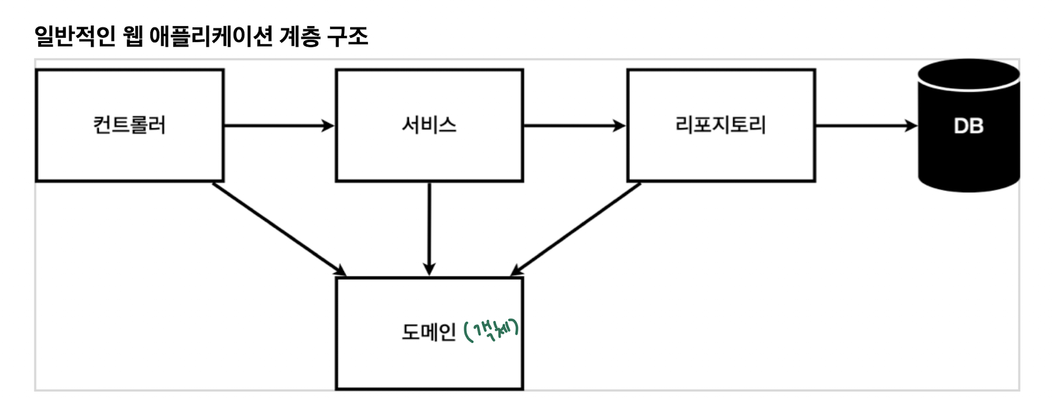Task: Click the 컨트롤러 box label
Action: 129,125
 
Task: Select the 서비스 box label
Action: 429,125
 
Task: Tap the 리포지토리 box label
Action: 720,125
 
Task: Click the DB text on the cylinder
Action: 968,126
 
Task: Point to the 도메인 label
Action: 428,332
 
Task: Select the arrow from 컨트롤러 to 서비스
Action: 277,126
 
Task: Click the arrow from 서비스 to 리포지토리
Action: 574,126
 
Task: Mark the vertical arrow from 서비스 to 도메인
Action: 429,228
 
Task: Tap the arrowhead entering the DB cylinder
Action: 911,126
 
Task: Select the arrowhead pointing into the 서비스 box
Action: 328,126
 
